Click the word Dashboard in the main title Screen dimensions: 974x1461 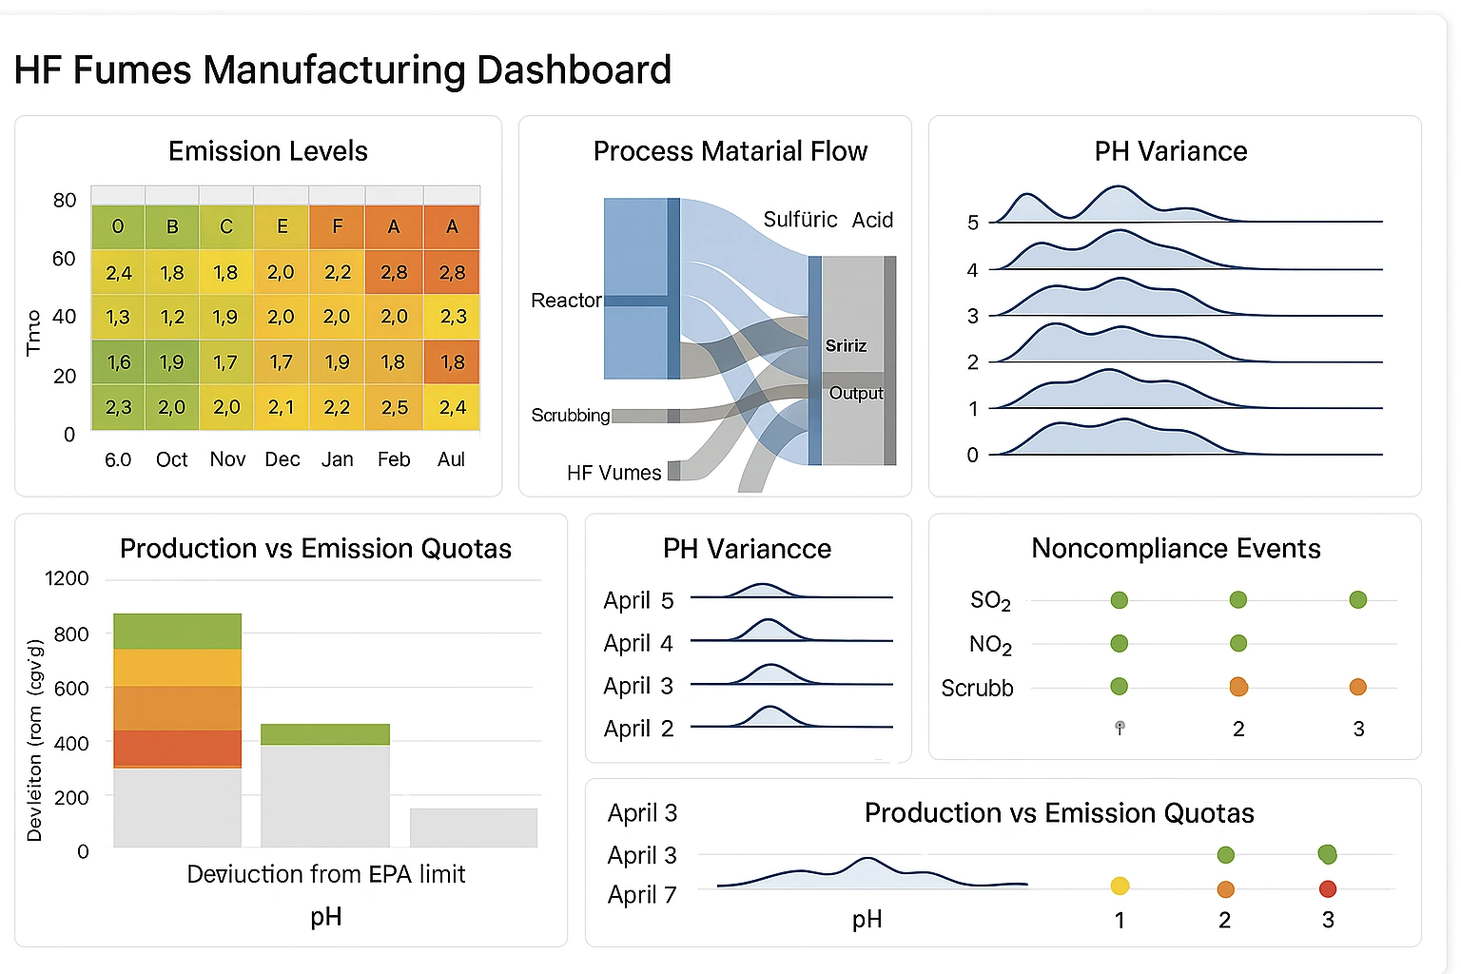(574, 70)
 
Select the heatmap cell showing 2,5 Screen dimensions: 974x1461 (394, 408)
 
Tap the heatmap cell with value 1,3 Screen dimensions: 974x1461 (118, 317)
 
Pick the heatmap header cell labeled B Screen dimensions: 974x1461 (172, 226)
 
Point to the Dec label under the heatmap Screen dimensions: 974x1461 (282, 459)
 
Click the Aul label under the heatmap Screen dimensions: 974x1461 (451, 459)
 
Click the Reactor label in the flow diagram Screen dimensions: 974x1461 (566, 301)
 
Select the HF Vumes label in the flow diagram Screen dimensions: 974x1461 (614, 473)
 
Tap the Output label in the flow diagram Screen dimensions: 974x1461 (856, 393)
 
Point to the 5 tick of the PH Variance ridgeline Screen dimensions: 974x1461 (972, 223)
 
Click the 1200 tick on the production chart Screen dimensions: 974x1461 (67, 578)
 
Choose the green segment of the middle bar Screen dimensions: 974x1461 (325, 734)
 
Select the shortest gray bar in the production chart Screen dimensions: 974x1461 (474, 828)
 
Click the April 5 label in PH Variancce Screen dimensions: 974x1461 (638, 600)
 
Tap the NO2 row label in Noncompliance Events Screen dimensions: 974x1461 (990, 645)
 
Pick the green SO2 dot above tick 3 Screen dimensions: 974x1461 (1357, 599)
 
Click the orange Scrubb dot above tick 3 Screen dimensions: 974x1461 (1357, 687)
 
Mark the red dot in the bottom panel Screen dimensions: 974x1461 (1328, 889)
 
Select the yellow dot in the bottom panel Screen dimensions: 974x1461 (1120, 886)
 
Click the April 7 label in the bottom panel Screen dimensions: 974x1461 (642, 895)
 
